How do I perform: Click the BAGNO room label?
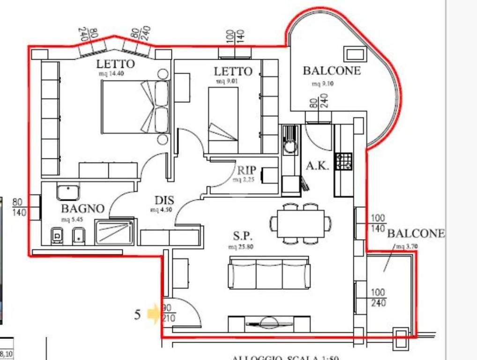(x=82, y=209)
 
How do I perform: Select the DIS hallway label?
(x=161, y=200)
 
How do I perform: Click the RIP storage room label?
(x=246, y=170)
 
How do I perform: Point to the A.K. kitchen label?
(x=317, y=166)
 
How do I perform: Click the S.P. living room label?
(x=242, y=236)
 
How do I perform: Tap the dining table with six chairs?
(x=300, y=224)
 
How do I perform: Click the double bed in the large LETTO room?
(x=134, y=106)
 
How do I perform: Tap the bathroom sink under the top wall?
(x=68, y=192)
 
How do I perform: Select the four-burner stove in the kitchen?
(x=344, y=161)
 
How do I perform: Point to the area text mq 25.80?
(x=241, y=247)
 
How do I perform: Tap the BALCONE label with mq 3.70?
(x=416, y=233)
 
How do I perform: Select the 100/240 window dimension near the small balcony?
(x=378, y=298)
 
